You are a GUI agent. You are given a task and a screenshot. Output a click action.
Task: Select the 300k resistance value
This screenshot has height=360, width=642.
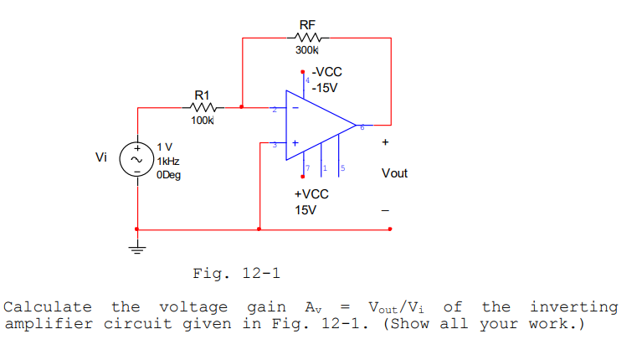coord(307,52)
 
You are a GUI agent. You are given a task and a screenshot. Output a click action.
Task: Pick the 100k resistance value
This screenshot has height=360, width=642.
coord(203,121)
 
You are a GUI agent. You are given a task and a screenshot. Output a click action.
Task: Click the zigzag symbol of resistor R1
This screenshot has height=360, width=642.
coord(203,107)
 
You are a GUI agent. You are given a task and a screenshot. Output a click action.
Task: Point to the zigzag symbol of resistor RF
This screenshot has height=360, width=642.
coord(308,38)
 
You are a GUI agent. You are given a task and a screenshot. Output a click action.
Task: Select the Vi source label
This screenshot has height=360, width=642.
coord(101,157)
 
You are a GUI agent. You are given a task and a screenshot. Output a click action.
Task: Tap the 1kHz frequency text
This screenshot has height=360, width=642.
coord(167,161)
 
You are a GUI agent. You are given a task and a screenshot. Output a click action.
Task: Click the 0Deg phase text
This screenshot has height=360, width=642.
coord(168,175)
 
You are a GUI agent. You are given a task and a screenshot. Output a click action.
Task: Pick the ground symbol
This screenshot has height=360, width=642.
coord(136,248)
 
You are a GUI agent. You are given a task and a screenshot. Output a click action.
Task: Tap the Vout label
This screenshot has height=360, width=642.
coord(393,173)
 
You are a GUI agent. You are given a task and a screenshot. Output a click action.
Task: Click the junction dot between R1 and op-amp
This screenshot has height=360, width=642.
coord(242,107)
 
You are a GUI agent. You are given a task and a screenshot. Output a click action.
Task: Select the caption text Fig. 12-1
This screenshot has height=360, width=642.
coord(236,273)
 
